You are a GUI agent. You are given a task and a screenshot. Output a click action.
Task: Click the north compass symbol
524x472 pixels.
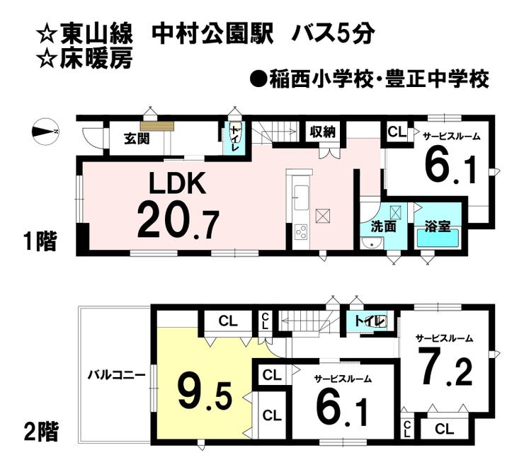click(45, 132)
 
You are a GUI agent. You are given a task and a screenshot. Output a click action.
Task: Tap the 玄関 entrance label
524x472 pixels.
click(137, 138)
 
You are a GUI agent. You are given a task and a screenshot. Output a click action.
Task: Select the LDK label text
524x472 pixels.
click(177, 184)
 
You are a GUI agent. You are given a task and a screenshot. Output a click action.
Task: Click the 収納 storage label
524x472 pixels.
click(322, 132)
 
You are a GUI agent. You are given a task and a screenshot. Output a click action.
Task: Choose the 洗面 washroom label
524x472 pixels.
click(383, 227)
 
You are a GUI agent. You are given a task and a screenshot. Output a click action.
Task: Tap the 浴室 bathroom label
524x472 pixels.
click(438, 227)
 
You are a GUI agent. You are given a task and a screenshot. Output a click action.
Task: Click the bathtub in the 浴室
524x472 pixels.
click(438, 238)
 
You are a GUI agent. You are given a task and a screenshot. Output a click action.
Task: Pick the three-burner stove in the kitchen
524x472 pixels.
click(300, 232)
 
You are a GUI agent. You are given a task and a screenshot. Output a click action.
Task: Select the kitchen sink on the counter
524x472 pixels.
click(300, 197)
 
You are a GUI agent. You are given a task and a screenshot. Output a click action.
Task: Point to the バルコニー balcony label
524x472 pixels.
click(117, 376)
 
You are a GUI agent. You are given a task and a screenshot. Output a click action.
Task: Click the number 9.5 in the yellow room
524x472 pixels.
click(205, 396)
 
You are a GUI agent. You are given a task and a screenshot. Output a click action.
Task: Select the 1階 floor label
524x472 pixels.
click(40, 241)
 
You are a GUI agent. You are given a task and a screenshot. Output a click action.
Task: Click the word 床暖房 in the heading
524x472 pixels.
click(96, 59)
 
